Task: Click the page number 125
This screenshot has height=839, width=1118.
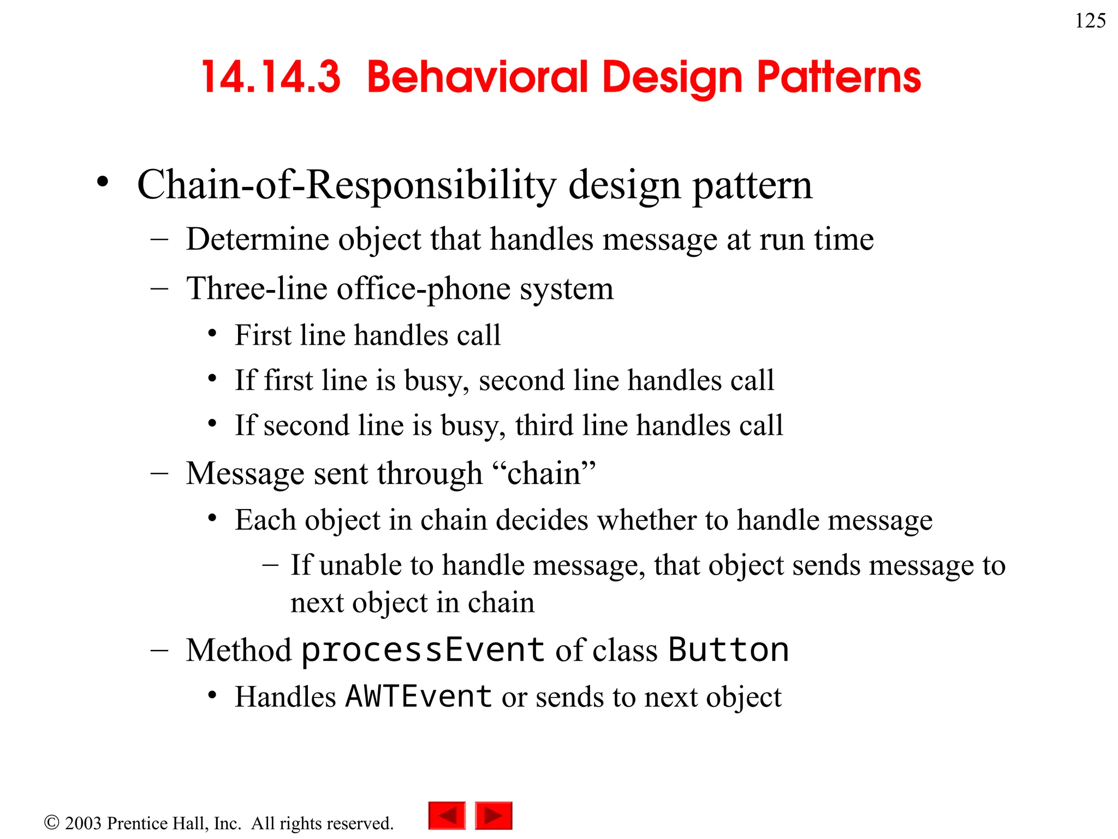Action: [x=1090, y=21]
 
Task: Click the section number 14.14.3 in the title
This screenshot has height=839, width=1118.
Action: [x=271, y=77]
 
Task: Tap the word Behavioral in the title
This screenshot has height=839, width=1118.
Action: [x=477, y=77]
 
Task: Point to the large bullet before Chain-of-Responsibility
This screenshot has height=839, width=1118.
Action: [x=102, y=182]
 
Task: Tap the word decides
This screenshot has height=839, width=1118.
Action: [x=542, y=519]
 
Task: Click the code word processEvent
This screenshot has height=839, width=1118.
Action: [x=423, y=650]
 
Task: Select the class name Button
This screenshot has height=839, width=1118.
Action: [x=728, y=650]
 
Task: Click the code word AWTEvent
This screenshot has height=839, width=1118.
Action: [x=419, y=696]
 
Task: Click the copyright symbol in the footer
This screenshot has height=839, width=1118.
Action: [x=51, y=822]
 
